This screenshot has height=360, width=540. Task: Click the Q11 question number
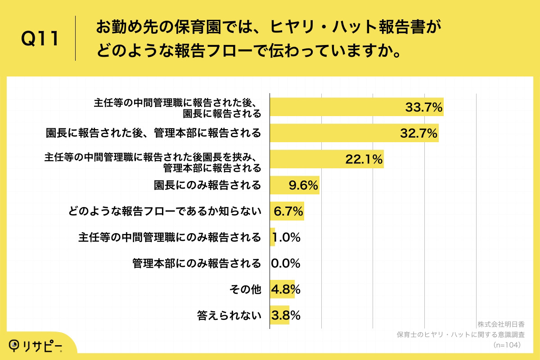coord(40,40)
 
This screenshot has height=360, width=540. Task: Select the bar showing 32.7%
coord(354,134)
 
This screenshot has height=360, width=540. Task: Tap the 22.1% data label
coord(364,159)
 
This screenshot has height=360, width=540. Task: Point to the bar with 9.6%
coord(294,185)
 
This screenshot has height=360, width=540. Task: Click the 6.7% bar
coord(287,211)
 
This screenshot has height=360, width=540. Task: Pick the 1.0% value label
coord(287,237)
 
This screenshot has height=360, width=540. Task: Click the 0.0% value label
coord(285,263)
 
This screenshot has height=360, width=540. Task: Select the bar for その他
coord(282,289)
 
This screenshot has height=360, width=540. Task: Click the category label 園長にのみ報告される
coord(207,185)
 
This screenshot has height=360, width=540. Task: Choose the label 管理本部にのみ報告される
coord(197,263)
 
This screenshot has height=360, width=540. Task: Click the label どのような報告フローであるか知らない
coord(165,211)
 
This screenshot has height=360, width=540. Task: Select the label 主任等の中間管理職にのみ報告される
coord(169,237)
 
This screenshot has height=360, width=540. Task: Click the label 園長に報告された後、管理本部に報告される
coord(153,134)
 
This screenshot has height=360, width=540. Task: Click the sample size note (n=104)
coord(506,345)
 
